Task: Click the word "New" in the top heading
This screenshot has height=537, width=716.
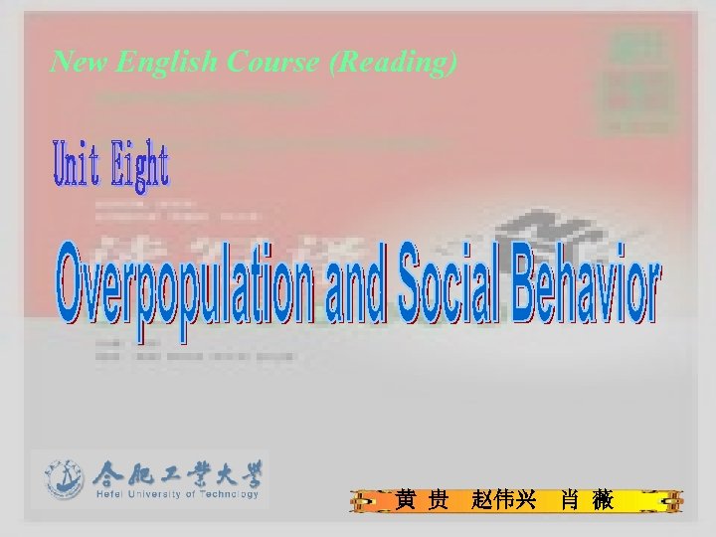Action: click(80, 63)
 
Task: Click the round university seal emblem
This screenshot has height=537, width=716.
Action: click(65, 480)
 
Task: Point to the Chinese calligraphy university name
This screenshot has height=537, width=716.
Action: click(177, 472)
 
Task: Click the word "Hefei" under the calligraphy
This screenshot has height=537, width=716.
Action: click(112, 494)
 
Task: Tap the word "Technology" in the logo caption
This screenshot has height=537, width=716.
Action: click(231, 494)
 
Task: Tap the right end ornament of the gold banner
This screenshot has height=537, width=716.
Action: click(663, 500)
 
